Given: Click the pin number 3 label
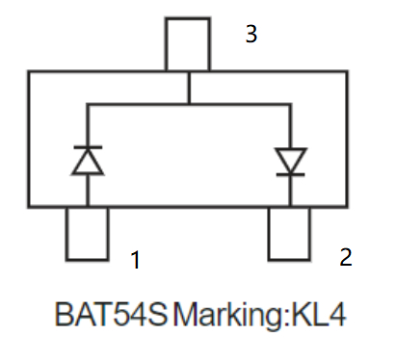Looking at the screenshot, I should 251,36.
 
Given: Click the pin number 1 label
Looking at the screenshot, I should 136,259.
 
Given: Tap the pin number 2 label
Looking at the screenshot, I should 345,257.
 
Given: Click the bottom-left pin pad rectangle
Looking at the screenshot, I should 87,233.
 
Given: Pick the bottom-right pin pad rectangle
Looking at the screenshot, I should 290,233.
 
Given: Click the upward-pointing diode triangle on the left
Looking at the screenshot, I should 88,162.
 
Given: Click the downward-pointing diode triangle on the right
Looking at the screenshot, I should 290,159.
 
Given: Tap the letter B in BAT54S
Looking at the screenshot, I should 64,315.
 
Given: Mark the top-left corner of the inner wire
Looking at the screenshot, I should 88,104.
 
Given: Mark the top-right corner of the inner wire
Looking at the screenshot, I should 290,104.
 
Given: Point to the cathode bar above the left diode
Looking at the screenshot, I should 88,147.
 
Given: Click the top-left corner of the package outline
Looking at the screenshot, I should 28,72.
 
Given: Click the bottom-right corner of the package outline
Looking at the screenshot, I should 349,206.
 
